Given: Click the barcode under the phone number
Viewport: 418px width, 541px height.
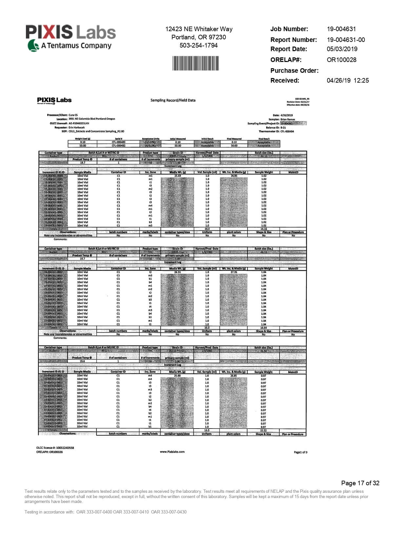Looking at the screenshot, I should [x=195, y=63].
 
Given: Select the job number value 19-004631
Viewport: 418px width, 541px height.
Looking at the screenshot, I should [x=341, y=29].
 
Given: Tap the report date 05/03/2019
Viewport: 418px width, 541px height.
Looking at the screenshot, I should [x=342, y=49].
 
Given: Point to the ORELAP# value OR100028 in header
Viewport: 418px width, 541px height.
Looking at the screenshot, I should [x=341, y=60].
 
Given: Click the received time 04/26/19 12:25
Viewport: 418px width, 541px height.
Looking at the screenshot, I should [x=348, y=80].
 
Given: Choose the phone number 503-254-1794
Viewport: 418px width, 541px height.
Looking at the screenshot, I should [x=198, y=45].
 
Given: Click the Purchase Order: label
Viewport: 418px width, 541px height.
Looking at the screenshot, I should [x=294, y=70].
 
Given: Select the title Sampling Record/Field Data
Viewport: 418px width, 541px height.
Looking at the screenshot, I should [x=173, y=100].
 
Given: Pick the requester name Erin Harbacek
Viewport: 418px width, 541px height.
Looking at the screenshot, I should [x=76, y=127].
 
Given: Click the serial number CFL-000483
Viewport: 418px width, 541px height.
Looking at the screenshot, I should [x=118, y=142].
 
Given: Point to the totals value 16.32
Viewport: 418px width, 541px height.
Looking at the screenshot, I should [x=264, y=229].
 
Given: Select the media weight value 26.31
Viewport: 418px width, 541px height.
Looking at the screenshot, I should [x=177, y=272].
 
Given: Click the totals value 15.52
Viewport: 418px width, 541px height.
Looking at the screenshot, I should [x=263, y=430].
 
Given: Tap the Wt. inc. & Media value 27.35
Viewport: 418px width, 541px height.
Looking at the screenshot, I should [x=234, y=272].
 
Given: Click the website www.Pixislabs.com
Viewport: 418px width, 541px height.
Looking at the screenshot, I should [x=172, y=452].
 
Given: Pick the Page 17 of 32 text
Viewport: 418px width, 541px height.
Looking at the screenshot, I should [x=360, y=483].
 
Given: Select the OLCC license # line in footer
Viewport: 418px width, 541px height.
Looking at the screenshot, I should [x=55, y=448].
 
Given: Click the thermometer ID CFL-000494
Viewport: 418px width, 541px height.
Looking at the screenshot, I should [x=287, y=131].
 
